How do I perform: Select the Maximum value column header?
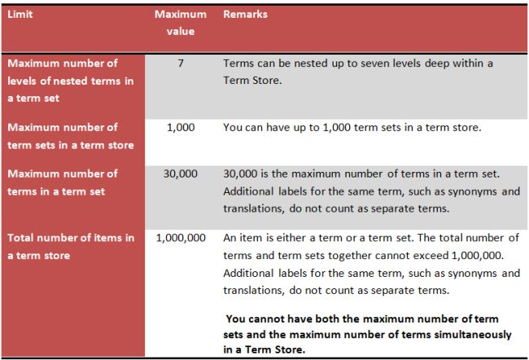[x=174, y=23]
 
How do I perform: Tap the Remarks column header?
[x=245, y=15]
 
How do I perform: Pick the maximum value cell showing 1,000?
[x=180, y=128]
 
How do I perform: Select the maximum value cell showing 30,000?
[x=180, y=173]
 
